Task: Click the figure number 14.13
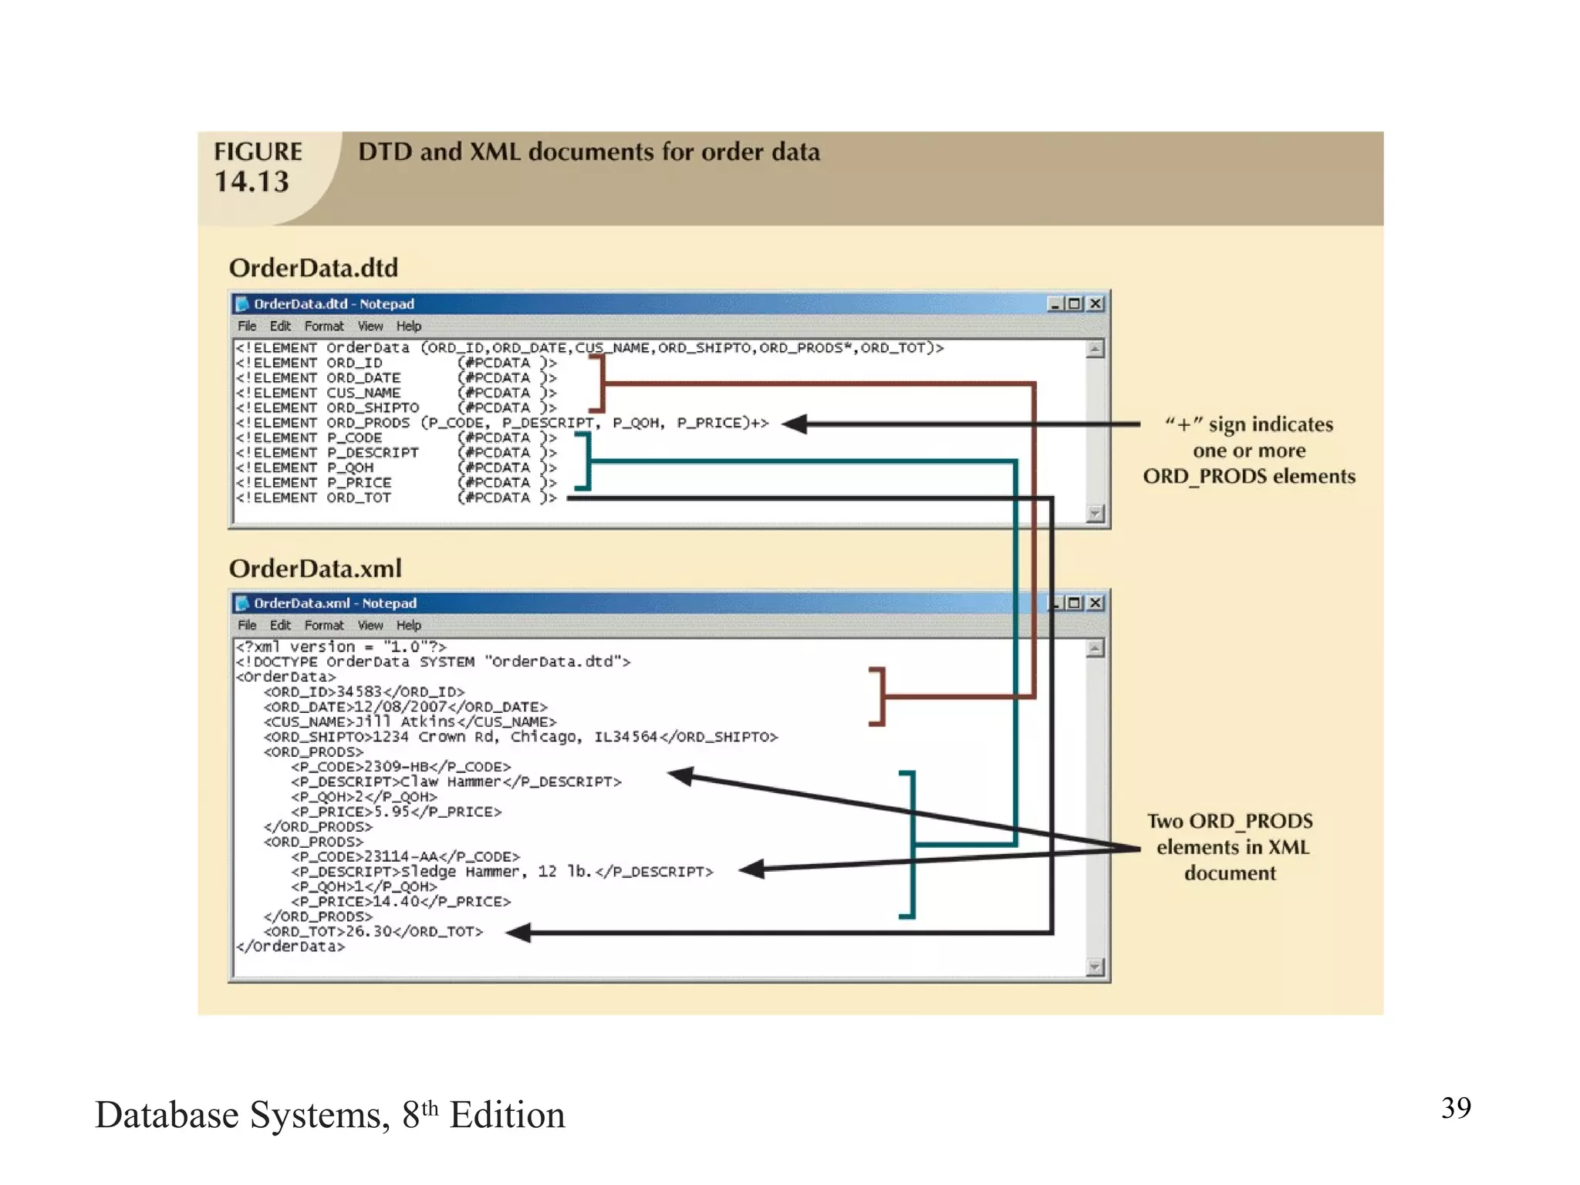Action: tap(252, 182)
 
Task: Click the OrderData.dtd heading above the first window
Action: tap(313, 268)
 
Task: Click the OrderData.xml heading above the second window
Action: tap(315, 569)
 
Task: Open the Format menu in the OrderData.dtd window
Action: tap(323, 326)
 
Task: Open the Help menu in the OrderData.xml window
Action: tap(408, 626)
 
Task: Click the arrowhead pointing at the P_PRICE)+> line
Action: tap(795, 424)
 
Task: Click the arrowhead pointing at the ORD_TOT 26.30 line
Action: tap(519, 933)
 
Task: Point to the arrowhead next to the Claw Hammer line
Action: tap(680, 775)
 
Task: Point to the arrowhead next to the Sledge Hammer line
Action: tap(751, 869)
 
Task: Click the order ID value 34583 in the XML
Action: tap(360, 692)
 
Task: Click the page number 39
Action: tap(1456, 1108)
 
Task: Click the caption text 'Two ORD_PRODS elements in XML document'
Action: tap(1230, 847)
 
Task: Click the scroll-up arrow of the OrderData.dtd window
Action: tap(1094, 349)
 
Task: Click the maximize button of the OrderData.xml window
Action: tap(1074, 603)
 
